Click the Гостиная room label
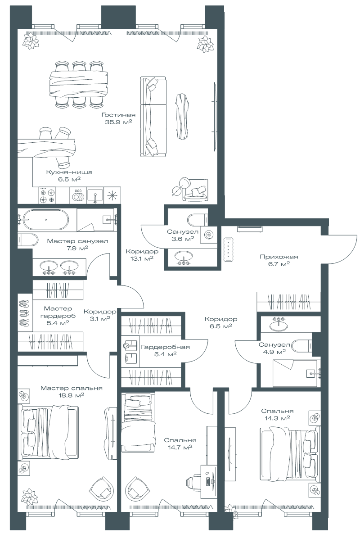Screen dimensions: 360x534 tap(118, 115)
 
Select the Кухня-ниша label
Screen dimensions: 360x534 tap(69, 172)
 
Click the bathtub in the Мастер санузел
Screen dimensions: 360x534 tap(45, 220)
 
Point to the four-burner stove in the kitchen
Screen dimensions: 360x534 tap(48, 195)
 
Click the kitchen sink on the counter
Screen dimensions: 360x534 tap(95, 195)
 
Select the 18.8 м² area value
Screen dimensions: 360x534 tap(72, 395)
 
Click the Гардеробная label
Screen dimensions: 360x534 tap(165, 347)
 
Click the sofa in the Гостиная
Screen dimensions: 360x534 tap(153, 117)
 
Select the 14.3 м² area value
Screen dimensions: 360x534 tap(277, 418)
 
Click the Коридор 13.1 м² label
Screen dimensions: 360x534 tap(142, 255)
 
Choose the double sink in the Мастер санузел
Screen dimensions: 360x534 tap(59, 267)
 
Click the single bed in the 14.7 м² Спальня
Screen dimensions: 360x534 tap(138, 423)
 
